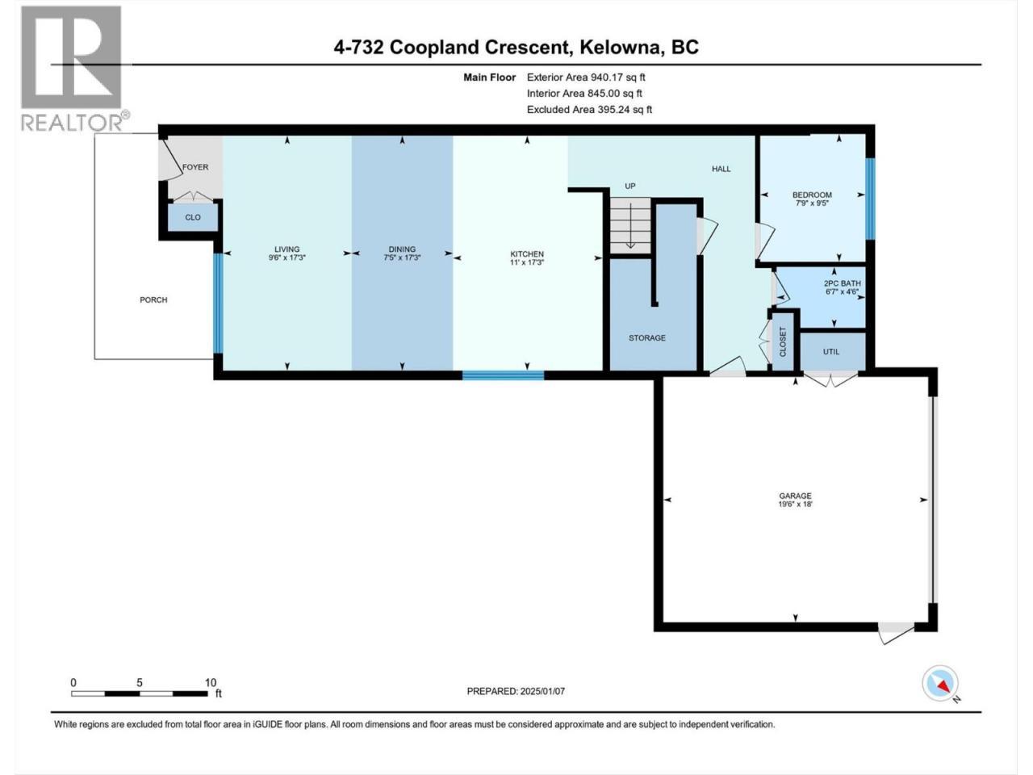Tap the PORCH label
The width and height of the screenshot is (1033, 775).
[153, 300]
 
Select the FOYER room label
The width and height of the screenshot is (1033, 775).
[195, 167]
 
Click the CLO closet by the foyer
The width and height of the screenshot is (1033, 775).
[193, 217]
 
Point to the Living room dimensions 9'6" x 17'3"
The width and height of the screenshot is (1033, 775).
[287, 258]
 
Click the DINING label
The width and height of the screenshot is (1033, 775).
[403, 249]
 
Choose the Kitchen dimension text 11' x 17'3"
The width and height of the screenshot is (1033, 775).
[527, 262]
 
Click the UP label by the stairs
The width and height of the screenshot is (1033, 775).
[630, 186]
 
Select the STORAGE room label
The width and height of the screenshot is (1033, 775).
[647, 338]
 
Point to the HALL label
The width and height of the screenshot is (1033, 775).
[721, 169]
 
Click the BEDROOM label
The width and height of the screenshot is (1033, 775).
[813, 195]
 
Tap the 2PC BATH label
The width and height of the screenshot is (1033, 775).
[843, 283]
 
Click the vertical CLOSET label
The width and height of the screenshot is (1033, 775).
[783, 341]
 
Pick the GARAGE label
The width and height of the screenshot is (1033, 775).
[796, 496]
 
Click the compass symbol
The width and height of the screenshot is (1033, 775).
[940, 684]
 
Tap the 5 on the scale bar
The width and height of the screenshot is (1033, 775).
[140, 683]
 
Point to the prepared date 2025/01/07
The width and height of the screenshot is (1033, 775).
[542, 691]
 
